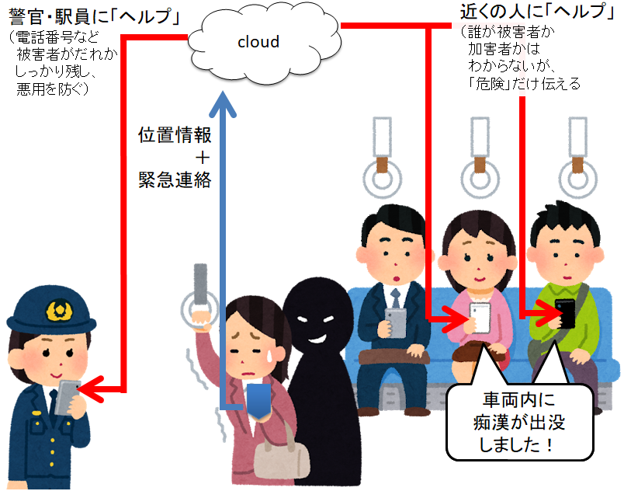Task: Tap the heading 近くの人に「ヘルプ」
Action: click(528, 13)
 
